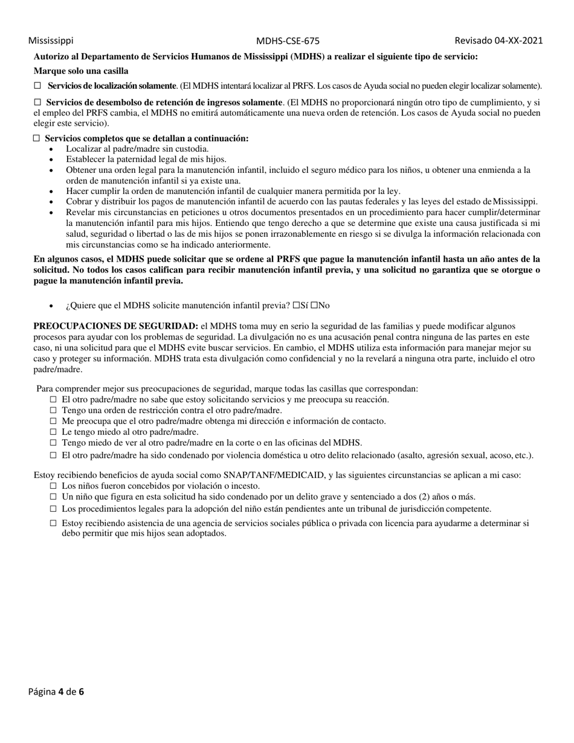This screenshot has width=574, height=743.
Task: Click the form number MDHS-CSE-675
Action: click(288, 41)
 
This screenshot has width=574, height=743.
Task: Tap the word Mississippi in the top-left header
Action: click(51, 40)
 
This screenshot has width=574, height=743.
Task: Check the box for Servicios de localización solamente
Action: click(37, 86)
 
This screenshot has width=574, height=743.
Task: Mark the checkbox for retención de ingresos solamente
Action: click(37, 103)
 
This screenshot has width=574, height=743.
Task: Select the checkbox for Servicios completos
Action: click(37, 138)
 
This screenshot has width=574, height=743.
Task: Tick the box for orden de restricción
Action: click(53, 410)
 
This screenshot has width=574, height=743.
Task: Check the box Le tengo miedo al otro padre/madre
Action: click(53, 432)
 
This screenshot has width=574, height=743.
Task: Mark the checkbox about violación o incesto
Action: click(53, 486)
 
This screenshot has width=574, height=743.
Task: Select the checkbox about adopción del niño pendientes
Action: click(53, 509)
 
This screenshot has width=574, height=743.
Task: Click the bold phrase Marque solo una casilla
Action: click(80, 71)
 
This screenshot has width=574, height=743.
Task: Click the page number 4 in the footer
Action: click(61, 692)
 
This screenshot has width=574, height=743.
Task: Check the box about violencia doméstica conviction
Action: click(53, 455)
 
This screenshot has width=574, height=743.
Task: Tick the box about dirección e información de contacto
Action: click(53, 421)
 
